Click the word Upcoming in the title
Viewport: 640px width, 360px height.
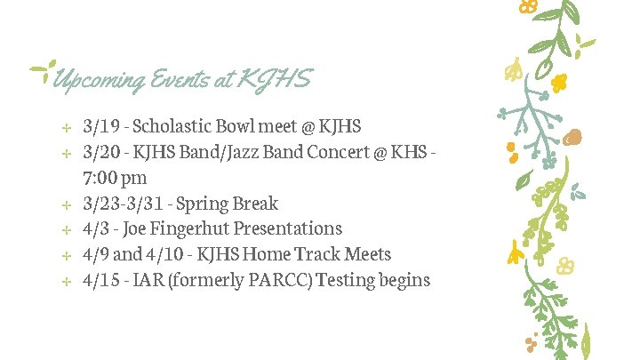coord(99,81)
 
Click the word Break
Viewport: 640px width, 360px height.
coord(253,204)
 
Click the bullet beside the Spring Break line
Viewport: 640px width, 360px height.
coord(66,204)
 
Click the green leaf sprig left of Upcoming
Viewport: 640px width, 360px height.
coord(41,69)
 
